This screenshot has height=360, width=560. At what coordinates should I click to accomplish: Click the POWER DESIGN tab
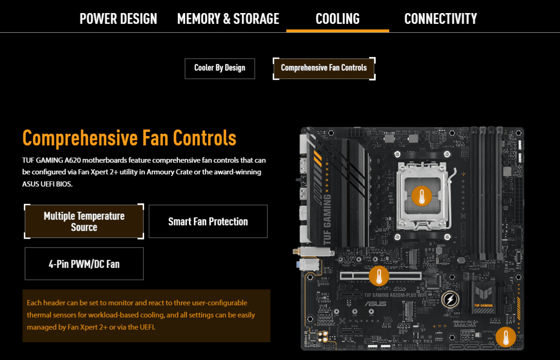[118, 19]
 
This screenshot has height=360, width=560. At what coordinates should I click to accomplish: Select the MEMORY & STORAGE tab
[228, 19]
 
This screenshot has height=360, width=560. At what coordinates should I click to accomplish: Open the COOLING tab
[337, 19]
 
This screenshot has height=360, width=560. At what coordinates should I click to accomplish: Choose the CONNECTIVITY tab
[441, 19]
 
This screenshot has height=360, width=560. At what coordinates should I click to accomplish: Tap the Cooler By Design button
[220, 69]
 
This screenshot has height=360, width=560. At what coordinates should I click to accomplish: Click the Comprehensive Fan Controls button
[324, 69]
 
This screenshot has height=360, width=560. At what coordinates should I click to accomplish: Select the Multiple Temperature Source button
[84, 222]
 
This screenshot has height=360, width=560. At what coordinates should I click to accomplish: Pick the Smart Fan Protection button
[208, 222]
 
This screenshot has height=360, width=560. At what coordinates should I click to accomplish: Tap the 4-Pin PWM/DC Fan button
[84, 264]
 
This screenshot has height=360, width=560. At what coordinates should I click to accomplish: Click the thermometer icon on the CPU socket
[421, 196]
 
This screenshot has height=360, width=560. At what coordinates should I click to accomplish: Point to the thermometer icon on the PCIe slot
[379, 276]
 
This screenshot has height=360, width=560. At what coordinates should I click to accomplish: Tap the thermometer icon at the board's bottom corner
[505, 337]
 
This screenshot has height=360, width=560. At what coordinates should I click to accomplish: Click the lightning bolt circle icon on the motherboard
[450, 299]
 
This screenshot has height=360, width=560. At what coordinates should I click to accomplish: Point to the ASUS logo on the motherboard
[376, 304]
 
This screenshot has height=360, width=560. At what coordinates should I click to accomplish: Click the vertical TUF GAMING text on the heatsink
[327, 219]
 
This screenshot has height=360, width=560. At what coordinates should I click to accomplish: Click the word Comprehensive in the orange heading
[80, 138]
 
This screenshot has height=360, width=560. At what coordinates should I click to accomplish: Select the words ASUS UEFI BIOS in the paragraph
[47, 184]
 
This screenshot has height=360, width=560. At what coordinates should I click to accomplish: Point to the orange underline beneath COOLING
[337, 31]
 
